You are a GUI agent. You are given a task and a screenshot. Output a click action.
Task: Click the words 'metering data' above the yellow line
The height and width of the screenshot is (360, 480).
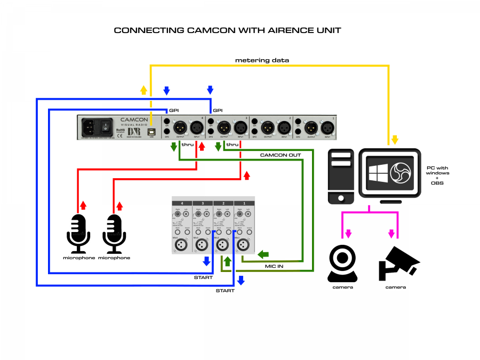coord(262,60)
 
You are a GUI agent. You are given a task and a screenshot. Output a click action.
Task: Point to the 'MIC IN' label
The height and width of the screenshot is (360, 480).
coord(274,265)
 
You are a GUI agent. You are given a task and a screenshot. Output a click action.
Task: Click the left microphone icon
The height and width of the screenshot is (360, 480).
coord(78,234)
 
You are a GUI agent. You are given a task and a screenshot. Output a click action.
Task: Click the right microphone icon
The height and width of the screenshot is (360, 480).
coord(115,234)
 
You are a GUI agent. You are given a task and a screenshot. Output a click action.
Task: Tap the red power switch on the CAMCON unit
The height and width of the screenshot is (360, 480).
coord(106,128)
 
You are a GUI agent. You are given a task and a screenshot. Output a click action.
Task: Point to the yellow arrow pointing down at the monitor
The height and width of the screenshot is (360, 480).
coord(395,140)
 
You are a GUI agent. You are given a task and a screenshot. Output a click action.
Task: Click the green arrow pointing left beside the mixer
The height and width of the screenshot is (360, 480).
coord(263,254)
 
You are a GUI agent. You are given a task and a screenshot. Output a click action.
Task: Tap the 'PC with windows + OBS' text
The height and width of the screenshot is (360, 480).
coord(438,175)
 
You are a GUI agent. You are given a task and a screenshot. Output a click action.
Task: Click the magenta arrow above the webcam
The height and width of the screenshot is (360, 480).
coord(349,234)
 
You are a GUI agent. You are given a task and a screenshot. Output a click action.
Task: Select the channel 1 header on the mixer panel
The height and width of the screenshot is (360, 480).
coord(244,203)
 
